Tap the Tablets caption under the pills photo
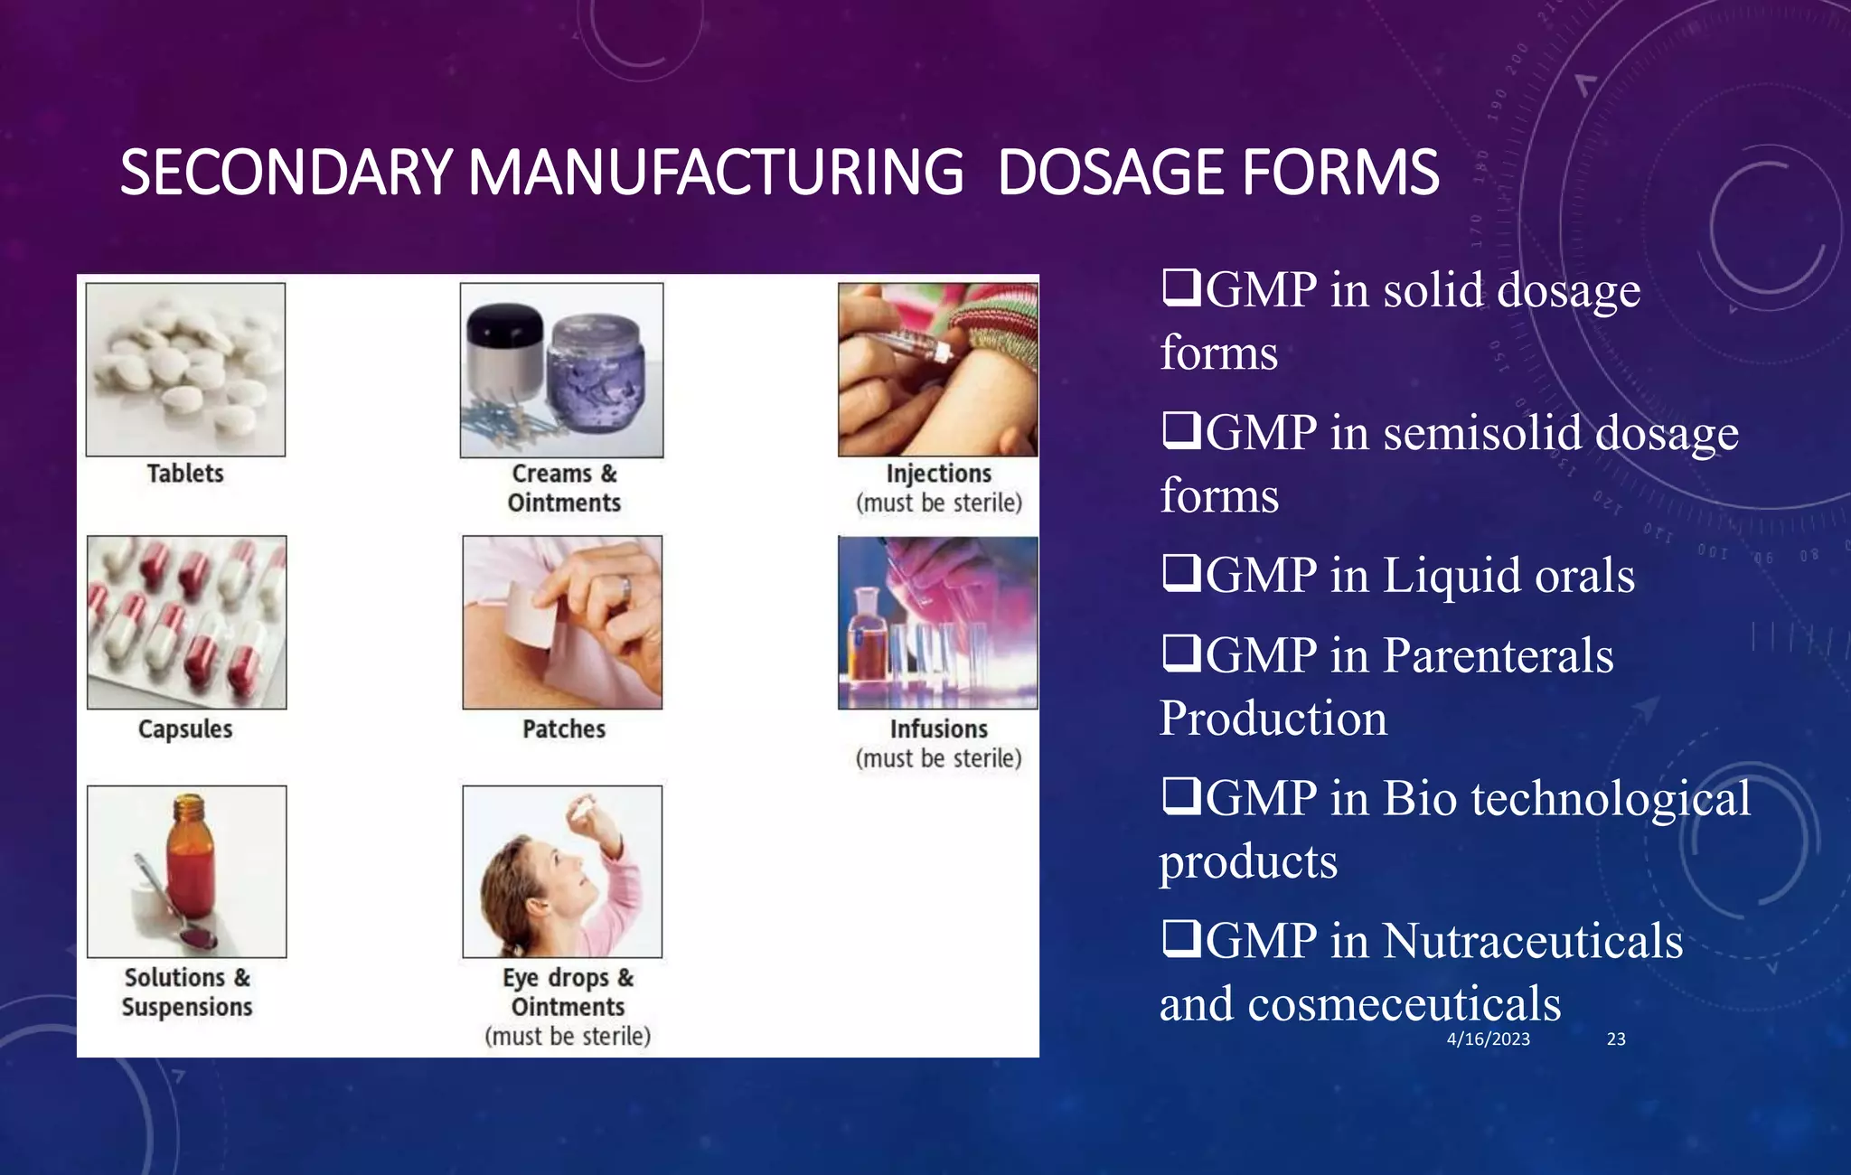pyautogui.click(x=185, y=474)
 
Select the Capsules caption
pyautogui.click(x=185, y=728)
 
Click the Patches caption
pyautogui.click(x=564, y=728)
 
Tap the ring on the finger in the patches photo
pyautogui.click(x=625, y=588)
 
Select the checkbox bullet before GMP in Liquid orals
pyautogui.click(x=1180, y=573)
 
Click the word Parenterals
pyautogui.click(x=1499, y=655)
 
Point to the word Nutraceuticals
pyautogui.click(x=1533, y=941)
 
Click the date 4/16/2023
pyautogui.click(x=1488, y=1039)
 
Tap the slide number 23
pyautogui.click(x=1616, y=1039)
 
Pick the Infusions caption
pyautogui.click(x=938, y=728)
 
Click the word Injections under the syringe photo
pyautogui.click(x=938, y=474)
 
